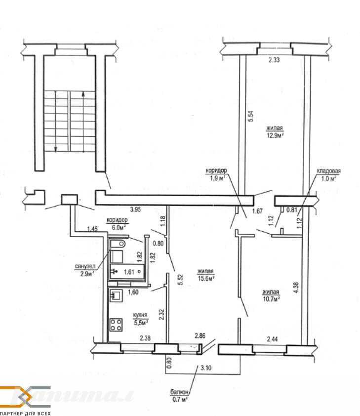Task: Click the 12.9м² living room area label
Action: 275,135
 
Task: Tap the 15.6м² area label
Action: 206,278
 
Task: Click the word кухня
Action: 140,315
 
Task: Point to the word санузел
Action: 85,266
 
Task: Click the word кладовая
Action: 329,171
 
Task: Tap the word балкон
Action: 179,392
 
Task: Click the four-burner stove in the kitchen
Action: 116,325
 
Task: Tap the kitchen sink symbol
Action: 116,295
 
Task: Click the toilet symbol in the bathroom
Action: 118,243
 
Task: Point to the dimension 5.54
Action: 251,116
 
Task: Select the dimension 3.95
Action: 135,209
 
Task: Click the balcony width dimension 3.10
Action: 206,368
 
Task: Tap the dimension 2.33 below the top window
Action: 274,60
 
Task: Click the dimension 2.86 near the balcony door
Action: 200,336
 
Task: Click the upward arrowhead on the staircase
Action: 83,94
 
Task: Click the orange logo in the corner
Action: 25,397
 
